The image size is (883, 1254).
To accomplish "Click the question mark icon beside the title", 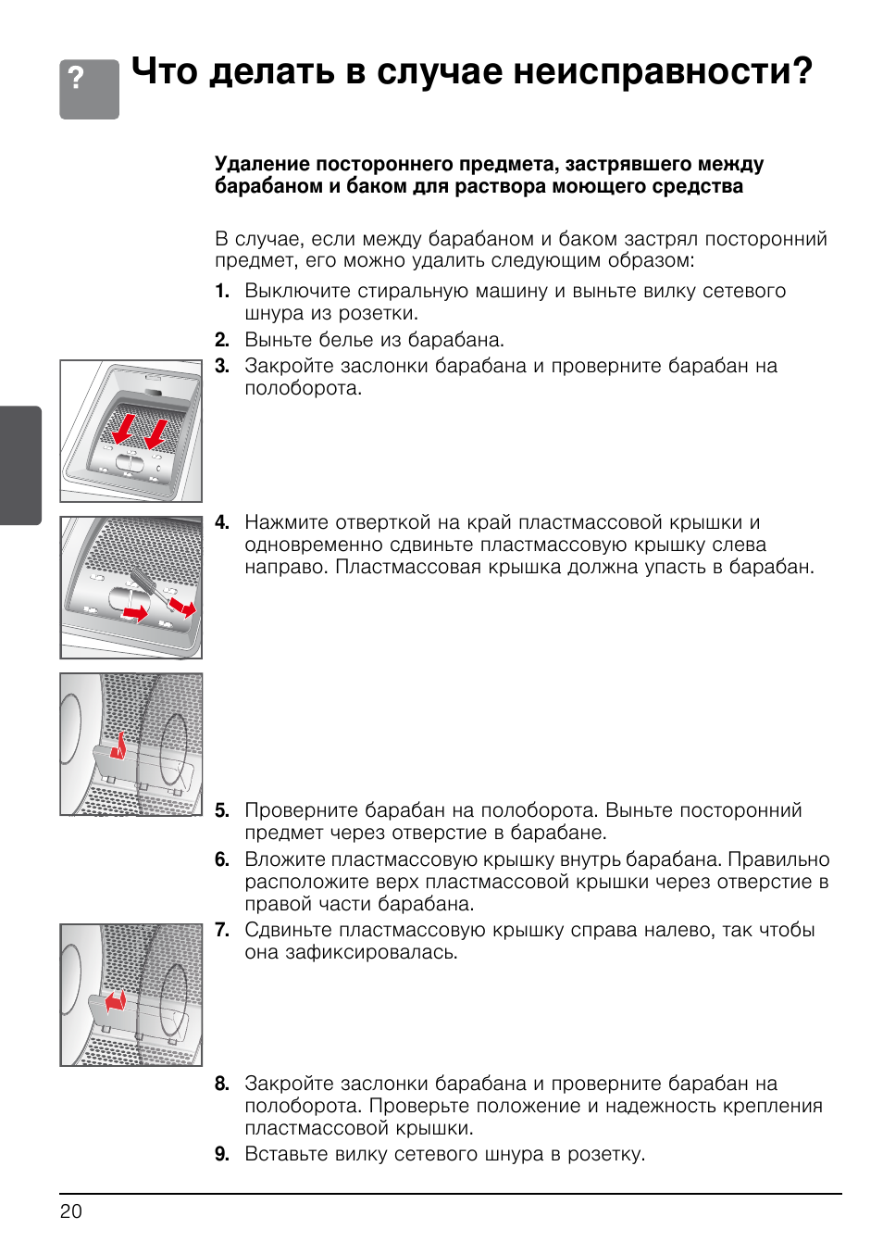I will (x=89, y=89).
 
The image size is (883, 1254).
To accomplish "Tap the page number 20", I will (x=71, y=1211).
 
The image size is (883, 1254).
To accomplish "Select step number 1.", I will (x=222, y=292).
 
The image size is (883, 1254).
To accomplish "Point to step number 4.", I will (x=222, y=523).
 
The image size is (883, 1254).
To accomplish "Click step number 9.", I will (x=222, y=1155).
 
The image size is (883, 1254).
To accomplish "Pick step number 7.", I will (x=222, y=931).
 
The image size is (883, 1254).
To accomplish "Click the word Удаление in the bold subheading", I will (x=262, y=164).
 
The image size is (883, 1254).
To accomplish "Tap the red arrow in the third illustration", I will (x=118, y=745).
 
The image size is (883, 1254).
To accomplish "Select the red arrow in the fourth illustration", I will (x=115, y=1001).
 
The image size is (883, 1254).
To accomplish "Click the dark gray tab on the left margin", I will (x=20, y=465).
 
